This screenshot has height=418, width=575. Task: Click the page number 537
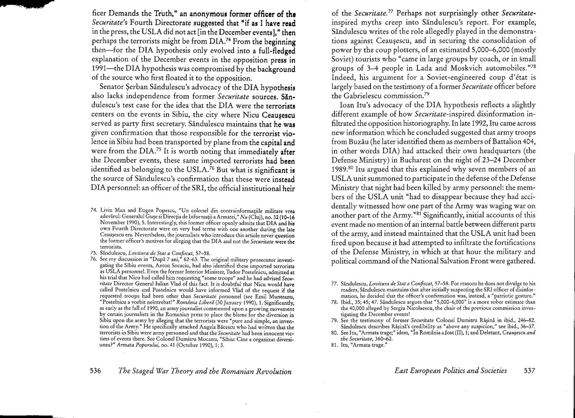pos(528,371)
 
